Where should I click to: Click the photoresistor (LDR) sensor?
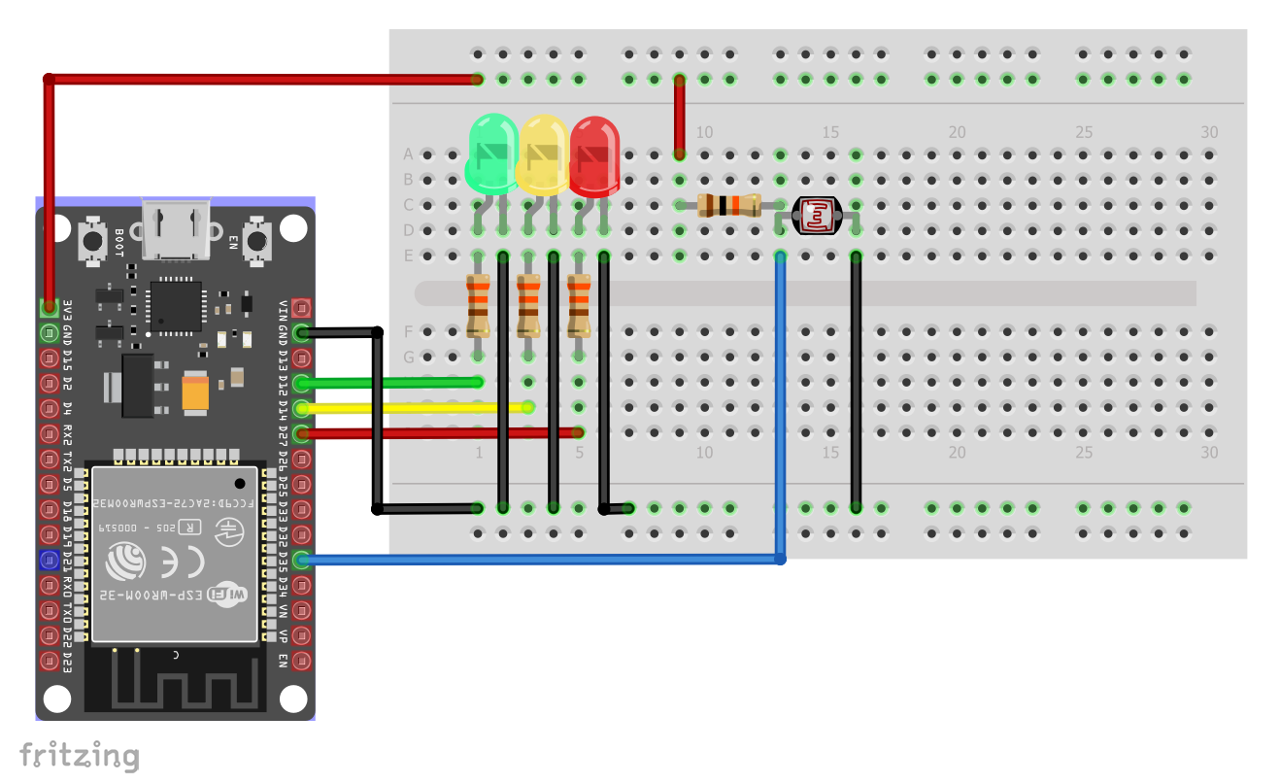click(x=817, y=215)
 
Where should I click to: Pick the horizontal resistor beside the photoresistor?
click(x=729, y=205)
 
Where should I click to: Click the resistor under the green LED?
click(x=477, y=304)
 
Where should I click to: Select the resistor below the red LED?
click(x=579, y=304)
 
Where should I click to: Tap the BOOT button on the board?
click(x=93, y=239)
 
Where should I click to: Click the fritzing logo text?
click(x=80, y=755)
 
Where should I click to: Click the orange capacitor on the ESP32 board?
click(x=196, y=392)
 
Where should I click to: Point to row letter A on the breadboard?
click(x=408, y=154)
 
